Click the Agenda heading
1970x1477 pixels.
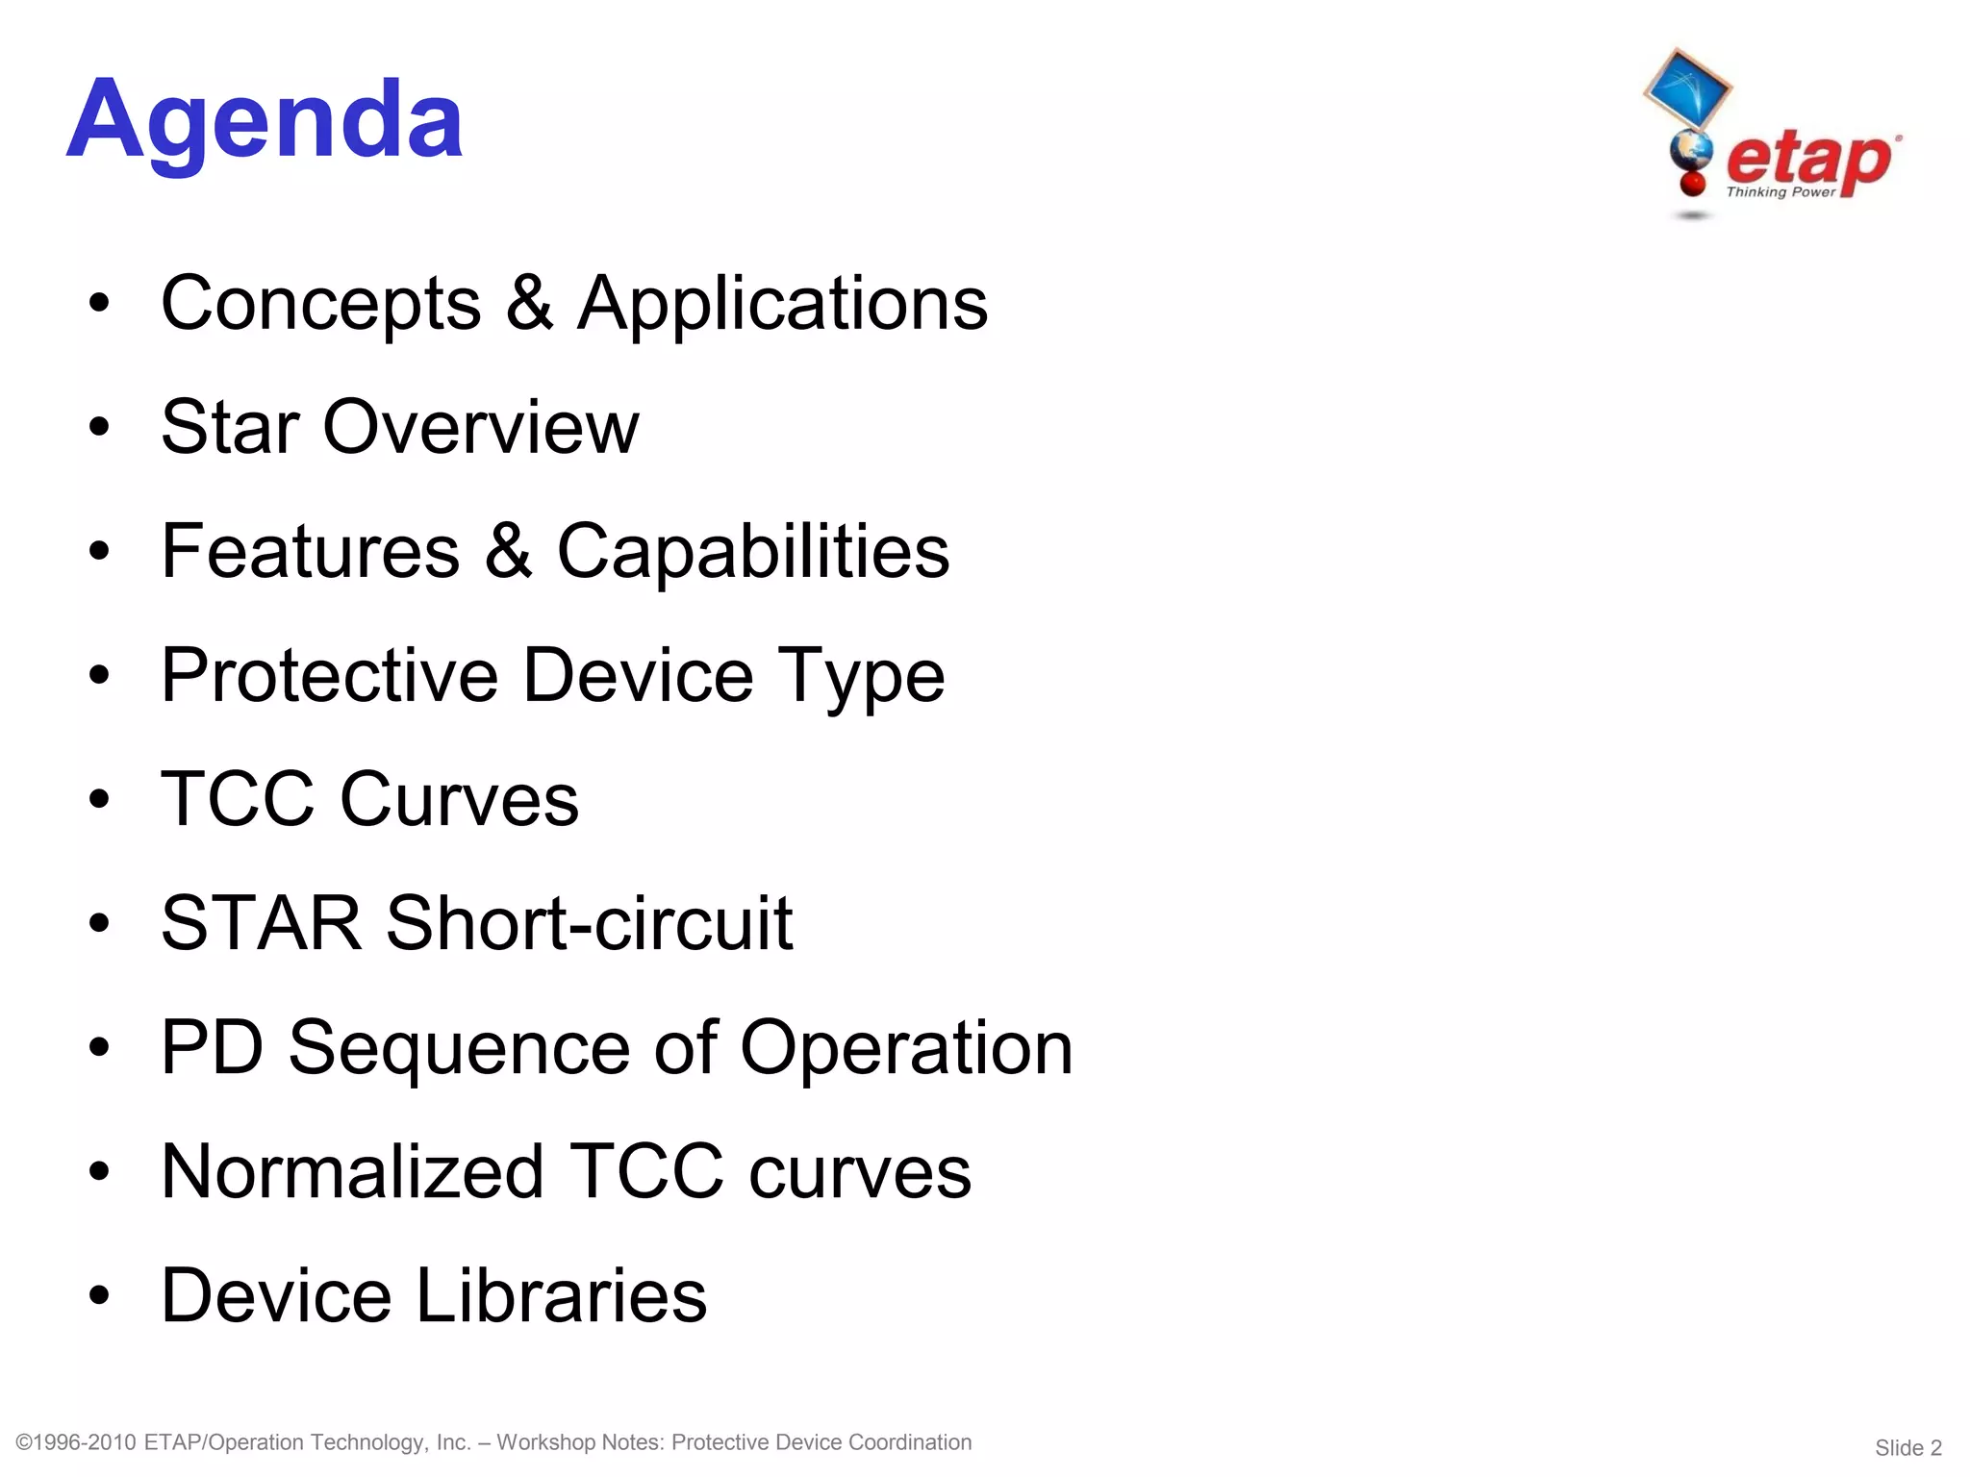click(265, 120)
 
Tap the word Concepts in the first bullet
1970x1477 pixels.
click(320, 304)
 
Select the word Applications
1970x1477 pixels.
click(782, 304)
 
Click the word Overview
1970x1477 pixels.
click(480, 427)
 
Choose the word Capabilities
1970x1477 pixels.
click(753, 552)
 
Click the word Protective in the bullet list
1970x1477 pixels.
click(329, 675)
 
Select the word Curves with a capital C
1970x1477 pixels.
click(459, 799)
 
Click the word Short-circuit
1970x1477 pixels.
click(590, 923)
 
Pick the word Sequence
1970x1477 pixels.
click(459, 1048)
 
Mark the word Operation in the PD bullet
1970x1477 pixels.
click(906, 1048)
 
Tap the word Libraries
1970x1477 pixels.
click(562, 1295)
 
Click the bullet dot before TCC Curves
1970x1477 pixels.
click(99, 800)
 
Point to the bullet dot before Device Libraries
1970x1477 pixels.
click(99, 1296)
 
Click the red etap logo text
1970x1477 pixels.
click(1808, 160)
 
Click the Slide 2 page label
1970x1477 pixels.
click(1908, 1448)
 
